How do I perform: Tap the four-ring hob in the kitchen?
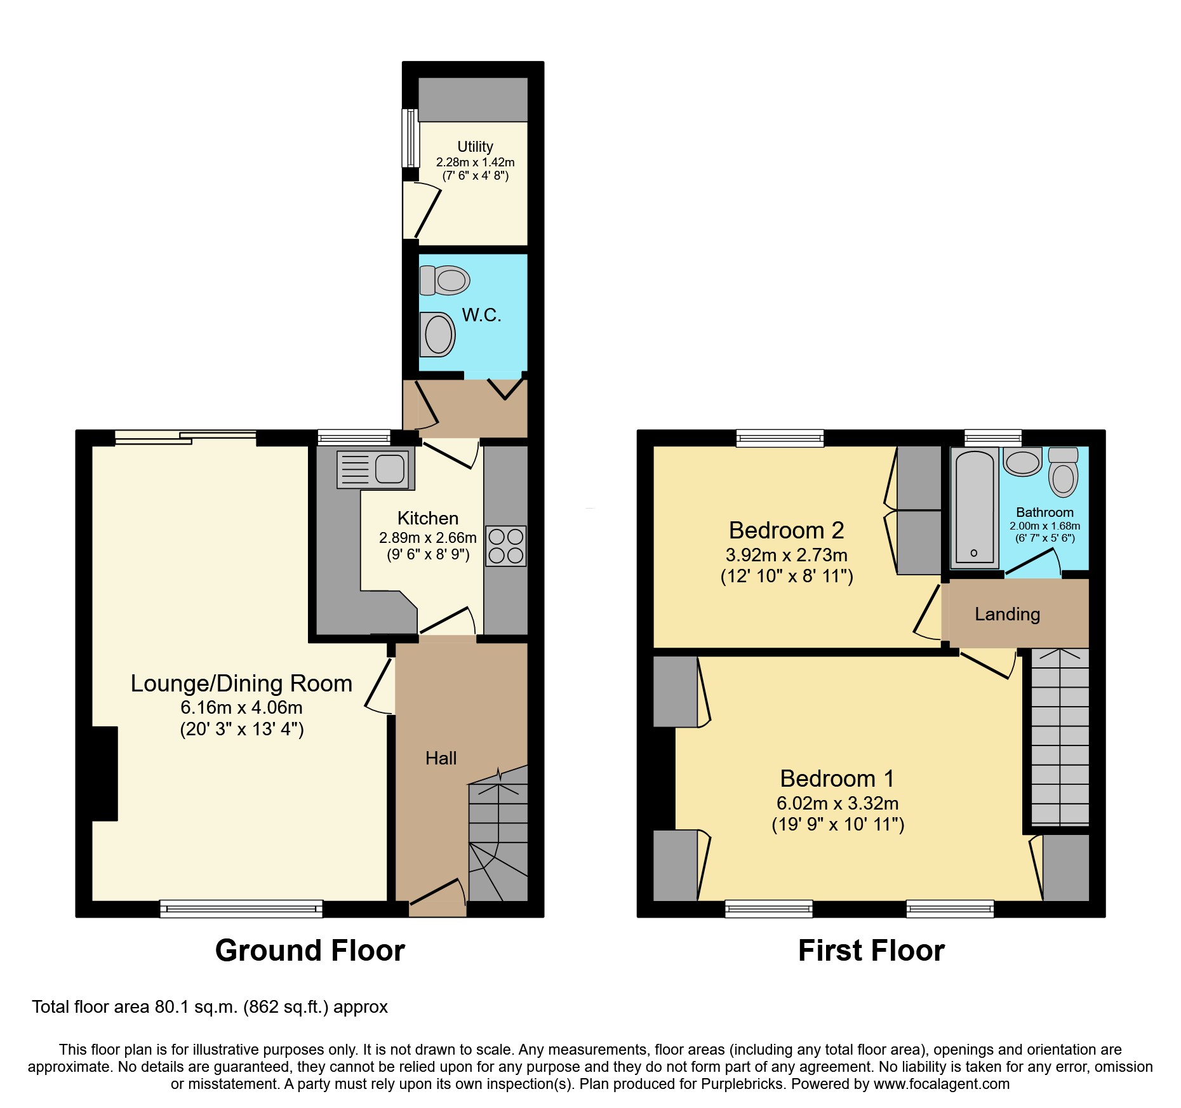click(x=505, y=545)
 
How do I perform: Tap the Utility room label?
click(x=475, y=147)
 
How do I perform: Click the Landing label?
click(x=1007, y=614)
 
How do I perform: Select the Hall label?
click(x=441, y=758)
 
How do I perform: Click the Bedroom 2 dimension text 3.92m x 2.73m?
click(x=786, y=555)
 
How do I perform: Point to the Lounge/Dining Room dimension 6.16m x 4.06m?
click(x=241, y=707)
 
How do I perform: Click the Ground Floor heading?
click(x=310, y=951)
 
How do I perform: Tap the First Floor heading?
click(x=871, y=951)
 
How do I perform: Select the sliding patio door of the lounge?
click(x=185, y=437)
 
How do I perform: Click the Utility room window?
click(x=411, y=137)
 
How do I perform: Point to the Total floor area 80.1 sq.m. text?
click(x=210, y=1007)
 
